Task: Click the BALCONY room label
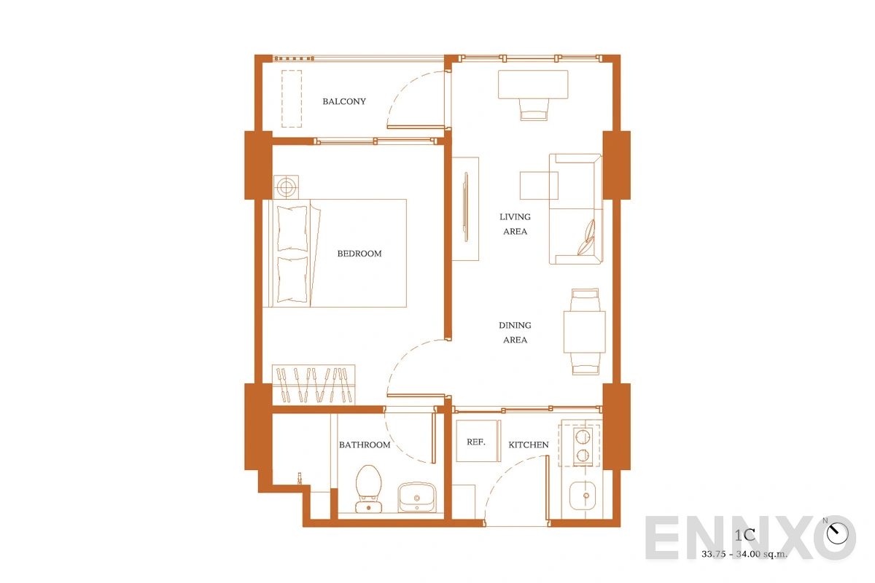344,101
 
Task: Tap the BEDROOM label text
359,254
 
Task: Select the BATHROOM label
365,445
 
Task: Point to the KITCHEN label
529,445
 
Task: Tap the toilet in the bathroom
368,488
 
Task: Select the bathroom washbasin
417,498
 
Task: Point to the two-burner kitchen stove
583,446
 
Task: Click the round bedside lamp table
286,187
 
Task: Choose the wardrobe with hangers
314,384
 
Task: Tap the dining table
584,332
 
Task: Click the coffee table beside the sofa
539,186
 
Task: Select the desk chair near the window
534,109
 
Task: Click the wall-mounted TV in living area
466,207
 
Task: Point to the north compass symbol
837,533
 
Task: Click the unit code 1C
744,535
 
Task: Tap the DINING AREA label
515,333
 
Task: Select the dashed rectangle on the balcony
292,99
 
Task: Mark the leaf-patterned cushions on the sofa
587,238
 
